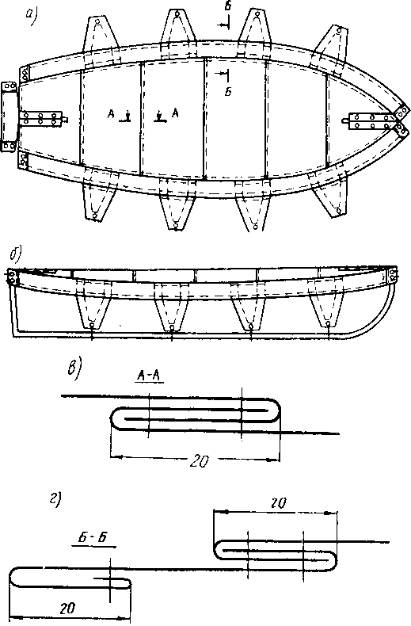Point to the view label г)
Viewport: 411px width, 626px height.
click(x=55, y=499)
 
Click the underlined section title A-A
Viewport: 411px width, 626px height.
click(x=149, y=376)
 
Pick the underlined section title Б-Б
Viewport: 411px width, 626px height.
click(x=94, y=537)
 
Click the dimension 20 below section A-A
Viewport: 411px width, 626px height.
click(x=198, y=461)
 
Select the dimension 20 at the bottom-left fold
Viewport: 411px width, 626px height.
click(x=68, y=608)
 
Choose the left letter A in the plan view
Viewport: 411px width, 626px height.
click(x=111, y=115)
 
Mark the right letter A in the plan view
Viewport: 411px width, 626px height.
click(x=175, y=113)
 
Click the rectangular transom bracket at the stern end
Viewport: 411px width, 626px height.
click(x=9, y=116)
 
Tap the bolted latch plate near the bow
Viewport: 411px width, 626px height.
click(x=371, y=121)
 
